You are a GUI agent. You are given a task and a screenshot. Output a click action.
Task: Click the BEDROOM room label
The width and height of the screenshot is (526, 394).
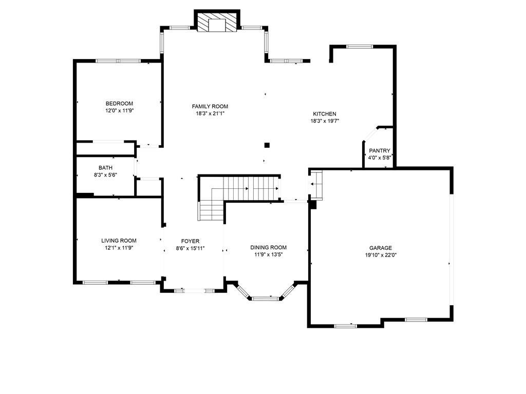pyautogui.click(x=119, y=104)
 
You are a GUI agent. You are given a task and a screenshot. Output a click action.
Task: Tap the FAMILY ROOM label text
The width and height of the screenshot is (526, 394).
pyautogui.click(x=210, y=106)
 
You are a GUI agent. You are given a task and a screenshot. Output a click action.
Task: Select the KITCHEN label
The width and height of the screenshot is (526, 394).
pyautogui.click(x=325, y=114)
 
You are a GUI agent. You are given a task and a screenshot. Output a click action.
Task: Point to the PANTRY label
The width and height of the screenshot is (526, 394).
pyautogui.click(x=380, y=151)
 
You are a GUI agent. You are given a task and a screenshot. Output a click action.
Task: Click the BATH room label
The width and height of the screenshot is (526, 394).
pyautogui.click(x=105, y=168)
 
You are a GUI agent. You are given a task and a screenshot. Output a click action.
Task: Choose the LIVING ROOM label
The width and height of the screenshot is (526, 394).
pyautogui.click(x=119, y=241)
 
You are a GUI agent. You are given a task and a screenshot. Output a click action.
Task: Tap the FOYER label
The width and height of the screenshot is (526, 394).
pyautogui.click(x=190, y=241)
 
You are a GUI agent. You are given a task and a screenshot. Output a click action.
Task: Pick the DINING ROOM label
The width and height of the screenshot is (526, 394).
pyautogui.click(x=268, y=248)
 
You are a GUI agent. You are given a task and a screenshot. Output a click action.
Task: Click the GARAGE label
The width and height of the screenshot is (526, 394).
pyautogui.click(x=381, y=248)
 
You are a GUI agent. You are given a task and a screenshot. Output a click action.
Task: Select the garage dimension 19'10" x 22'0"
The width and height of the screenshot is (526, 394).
pyautogui.click(x=381, y=255)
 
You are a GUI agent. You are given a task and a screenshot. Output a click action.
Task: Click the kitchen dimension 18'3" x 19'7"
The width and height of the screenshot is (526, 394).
pyautogui.click(x=325, y=121)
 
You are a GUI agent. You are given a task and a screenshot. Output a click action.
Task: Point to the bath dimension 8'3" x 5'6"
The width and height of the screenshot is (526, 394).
pyautogui.click(x=105, y=174)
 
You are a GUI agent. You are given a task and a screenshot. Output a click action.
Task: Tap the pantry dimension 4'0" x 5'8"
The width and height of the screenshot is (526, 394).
pyautogui.click(x=380, y=157)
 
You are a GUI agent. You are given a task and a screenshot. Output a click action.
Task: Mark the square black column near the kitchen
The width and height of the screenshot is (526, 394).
pyautogui.click(x=267, y=145)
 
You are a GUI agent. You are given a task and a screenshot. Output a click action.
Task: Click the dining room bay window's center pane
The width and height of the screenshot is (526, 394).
pyautogui.click(x=266, y=298)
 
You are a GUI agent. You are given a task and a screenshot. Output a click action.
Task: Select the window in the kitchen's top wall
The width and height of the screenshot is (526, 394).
pyautogui.click(x=360, y=47)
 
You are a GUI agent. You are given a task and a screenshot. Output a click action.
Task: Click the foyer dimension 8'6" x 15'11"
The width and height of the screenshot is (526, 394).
pyautogui.click(x=190, y=248)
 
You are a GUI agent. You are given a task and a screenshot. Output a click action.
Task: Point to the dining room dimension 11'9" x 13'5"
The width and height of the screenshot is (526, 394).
pyautogui.click(x=268, y=254)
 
